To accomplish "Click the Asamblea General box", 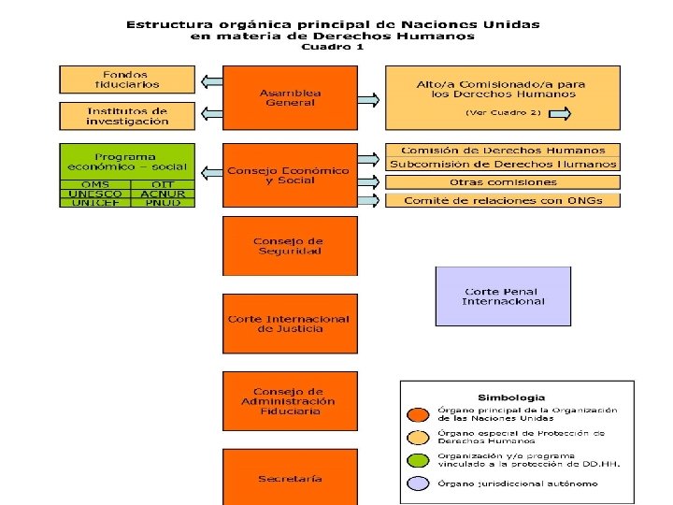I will [290, 97].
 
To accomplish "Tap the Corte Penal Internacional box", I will [503, 296].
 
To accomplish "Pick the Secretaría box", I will [290, 478].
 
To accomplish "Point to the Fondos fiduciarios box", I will [127, 79].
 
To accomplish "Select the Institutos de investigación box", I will [127, 116].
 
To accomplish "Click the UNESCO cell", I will [93, 195].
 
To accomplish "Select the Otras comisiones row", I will [503, 182].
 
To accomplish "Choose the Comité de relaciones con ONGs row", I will [503, 200].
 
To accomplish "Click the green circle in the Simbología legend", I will [418, 459].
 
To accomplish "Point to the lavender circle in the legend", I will [418, 483].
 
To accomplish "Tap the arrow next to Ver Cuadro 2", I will [558, 113].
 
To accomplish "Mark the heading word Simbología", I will [511, 397].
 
